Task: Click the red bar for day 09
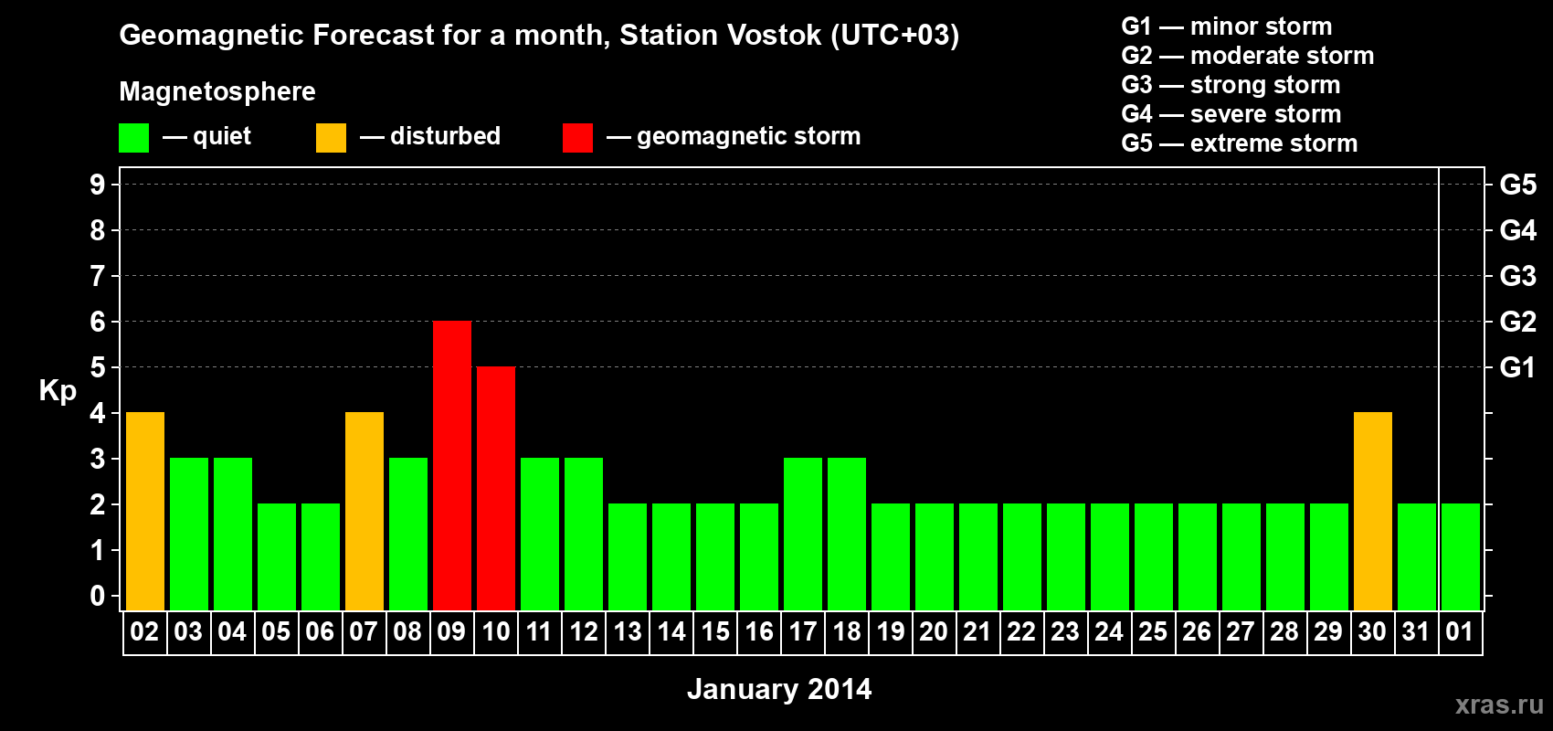point(452,465)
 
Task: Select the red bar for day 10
point(496,488)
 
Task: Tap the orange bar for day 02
point(145,511)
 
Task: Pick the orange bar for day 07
point(364,511)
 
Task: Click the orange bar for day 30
point(1373,511)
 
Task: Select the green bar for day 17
point(803,534)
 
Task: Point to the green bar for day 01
point(1461,556)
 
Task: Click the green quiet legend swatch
point(134,138)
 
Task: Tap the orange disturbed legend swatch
point(332,138)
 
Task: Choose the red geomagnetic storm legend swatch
point(578,138)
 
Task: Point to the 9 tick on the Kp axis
point(98,185)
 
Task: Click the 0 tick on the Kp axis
point(98,597)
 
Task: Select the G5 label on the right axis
point(1517,185)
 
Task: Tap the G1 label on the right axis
point(1517,367)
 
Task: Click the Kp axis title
point(58,391)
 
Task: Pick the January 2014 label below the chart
point(779,689)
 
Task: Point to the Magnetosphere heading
point(217,91)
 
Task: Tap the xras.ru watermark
point(1499,705)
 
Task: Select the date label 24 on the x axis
point(1109,631)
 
